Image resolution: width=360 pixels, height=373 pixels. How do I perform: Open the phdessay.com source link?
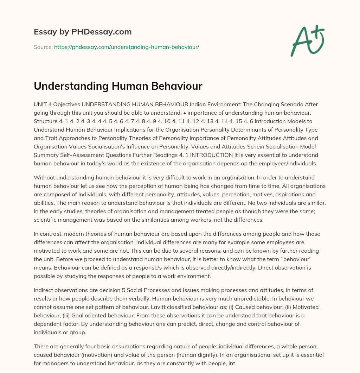127,47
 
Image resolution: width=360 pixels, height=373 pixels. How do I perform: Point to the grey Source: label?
43,47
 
